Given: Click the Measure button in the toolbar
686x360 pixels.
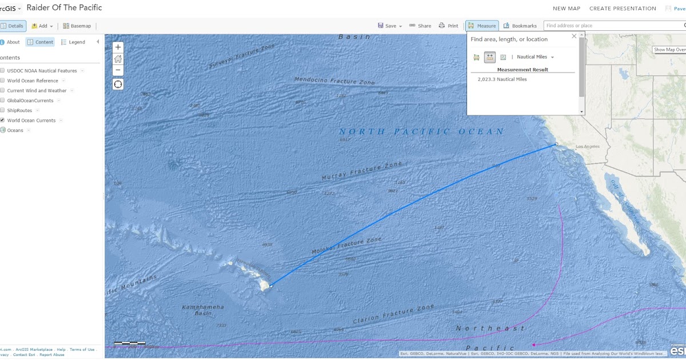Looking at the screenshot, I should click(482, 26).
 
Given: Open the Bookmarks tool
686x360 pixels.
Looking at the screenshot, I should click(520, 26).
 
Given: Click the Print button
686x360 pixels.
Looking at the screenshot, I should click(449, 26).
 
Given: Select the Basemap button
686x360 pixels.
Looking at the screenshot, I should click(77, 26).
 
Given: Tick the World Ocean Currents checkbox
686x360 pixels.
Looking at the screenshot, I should click(3, 121).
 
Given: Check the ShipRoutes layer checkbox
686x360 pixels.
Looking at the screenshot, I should click(3, 110).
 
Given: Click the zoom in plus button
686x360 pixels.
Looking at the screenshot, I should click(118, 47).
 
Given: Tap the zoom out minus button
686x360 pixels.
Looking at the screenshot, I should click(118, 70).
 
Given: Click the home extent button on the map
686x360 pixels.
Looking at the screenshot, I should click(118, 59).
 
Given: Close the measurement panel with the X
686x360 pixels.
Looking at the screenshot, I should click(575, 36).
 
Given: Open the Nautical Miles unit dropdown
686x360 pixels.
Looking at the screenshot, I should click(536, 57).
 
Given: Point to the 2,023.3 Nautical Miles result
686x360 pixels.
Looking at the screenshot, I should click(502, 79).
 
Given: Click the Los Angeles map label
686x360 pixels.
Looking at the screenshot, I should click(588, 147).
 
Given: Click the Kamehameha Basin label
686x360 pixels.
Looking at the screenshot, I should click(203, 310).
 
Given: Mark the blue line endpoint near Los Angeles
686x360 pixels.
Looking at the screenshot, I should click(556, 145).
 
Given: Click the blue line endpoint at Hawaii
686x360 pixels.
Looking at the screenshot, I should click(271, 286).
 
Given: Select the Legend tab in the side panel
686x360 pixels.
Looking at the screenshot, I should click(73, 42).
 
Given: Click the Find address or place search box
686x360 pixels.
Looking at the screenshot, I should click(612, 26).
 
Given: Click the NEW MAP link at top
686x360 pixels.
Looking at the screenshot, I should click(566, 9).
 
